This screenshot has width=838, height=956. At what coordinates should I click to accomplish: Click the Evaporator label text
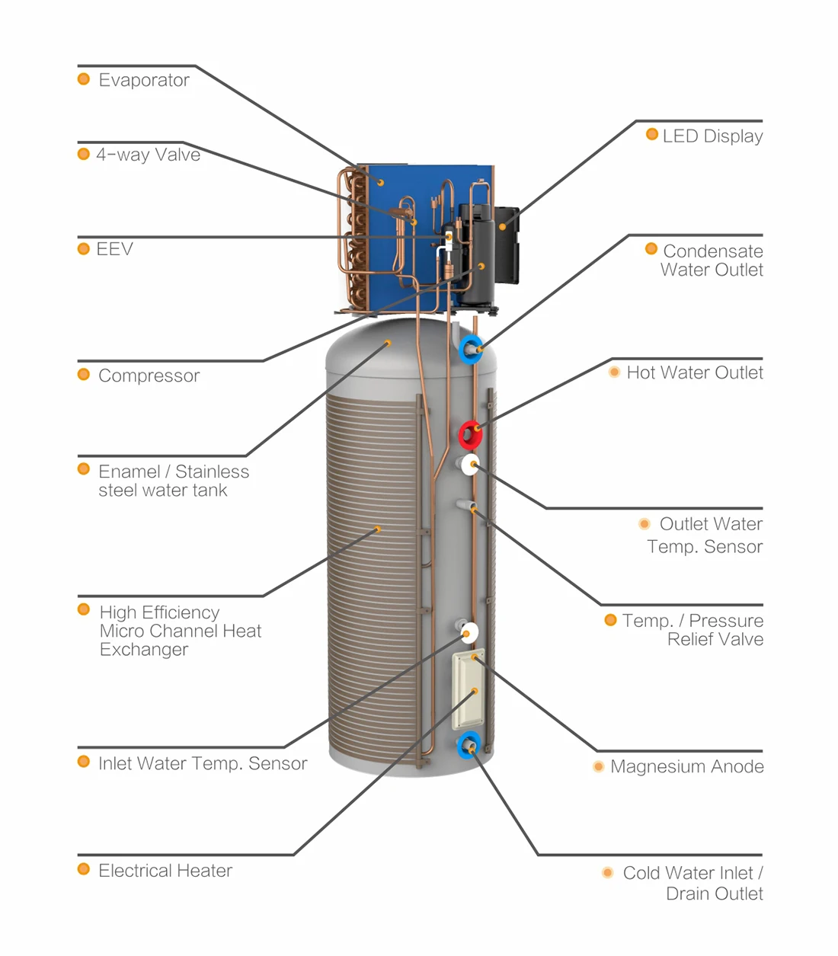[143, 80]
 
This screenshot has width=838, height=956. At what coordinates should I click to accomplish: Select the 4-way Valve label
[148, 155]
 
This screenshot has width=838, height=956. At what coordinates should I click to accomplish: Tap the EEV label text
[114, 249]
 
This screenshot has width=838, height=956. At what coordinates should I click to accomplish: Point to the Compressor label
[149, 376]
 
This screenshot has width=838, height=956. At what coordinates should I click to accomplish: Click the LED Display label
[712, 136]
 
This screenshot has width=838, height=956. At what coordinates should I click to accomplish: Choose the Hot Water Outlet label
[694, 372]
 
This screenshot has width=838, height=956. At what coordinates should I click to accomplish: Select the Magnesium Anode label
[686, 766]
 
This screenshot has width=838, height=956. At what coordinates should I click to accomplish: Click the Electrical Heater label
[165, 871]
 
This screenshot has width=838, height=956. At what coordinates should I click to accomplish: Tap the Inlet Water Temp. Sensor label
[203, 763]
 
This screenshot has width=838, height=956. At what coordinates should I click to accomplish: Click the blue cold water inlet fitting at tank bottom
[468, 744]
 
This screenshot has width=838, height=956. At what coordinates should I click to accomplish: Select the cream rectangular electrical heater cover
[467, 689]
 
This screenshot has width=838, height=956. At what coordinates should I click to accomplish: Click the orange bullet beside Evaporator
[84, 79]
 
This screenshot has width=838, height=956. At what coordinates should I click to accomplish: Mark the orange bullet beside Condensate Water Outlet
[651, 249]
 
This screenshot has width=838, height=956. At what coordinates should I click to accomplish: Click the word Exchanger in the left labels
[143, 650]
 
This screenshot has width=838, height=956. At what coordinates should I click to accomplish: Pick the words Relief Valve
[715, 640]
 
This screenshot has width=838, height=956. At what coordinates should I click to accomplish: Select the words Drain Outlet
[714, 894]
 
